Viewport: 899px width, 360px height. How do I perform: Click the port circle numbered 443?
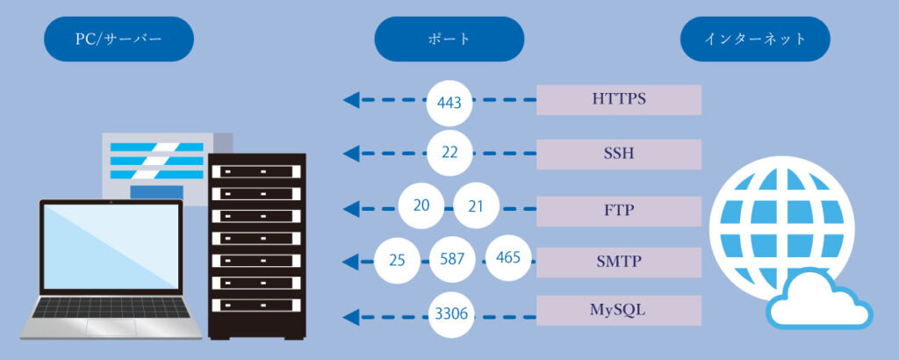coord(449,102)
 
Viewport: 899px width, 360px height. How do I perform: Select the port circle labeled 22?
coord(449,153)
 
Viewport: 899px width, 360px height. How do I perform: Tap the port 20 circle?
coord(421,206)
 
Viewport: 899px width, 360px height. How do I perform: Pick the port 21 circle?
coord(476,206)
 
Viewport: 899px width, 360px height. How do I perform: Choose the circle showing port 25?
coord(396,260)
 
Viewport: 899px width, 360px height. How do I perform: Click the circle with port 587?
coord(452,260)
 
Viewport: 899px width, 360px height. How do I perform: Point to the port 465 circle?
coord(508,258)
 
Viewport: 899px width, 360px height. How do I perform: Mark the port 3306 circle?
coord(452,313)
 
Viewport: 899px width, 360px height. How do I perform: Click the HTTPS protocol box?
coord(618,100)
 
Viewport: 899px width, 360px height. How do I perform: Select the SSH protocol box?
coord(618,154)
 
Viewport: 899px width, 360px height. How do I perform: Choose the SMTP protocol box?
coord(618,261)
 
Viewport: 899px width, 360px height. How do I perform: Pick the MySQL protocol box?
coord(618,310)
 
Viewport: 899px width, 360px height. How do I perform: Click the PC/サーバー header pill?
coord(119,40)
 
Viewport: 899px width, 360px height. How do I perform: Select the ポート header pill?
coord(449,40)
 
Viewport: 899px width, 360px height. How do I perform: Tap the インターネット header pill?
coord(755,40)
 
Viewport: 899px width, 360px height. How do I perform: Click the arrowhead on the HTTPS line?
coord(350,100)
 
